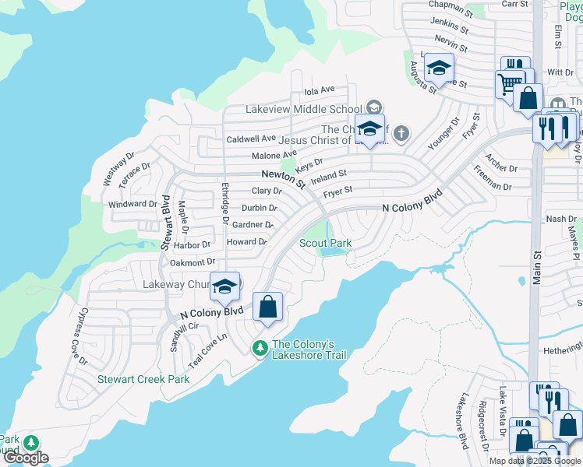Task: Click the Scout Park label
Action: tap(325, 244)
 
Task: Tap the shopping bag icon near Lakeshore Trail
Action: tap(267, 307)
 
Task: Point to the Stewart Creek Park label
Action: tap(143, 380)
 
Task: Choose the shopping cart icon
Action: tap(509, 83)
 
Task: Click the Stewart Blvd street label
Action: tap(165, 223)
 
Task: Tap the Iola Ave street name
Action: tap(319, 90)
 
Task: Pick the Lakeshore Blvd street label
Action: tap(462, 430)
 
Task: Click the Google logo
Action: tap(25, 458)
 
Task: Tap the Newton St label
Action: tap(283, 179)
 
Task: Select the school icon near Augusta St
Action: tap(439, 68)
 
